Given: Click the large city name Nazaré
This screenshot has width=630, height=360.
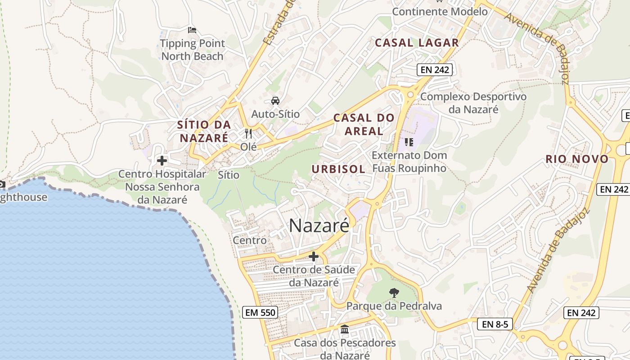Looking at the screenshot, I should (319, 225).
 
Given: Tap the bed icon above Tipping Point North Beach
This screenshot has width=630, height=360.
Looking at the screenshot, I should (192, 30).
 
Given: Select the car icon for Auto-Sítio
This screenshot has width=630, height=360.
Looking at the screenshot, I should (275, 100).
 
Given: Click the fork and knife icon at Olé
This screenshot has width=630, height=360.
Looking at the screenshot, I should (248, 133).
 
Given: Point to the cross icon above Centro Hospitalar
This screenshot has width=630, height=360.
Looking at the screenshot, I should (162, 160).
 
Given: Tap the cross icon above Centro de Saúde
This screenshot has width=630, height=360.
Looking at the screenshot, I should (314, 256).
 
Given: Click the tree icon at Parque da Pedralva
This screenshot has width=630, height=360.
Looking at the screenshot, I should (394, 293).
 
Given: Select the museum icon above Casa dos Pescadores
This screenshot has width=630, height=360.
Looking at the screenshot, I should (345, 329).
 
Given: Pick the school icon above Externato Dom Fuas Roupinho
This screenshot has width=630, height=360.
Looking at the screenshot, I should (409, 142).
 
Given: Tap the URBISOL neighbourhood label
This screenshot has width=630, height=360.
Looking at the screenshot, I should (338, 169).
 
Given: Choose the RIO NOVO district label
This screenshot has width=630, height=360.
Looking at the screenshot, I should (577, 159).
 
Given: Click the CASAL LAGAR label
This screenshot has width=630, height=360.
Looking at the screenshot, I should (417, 43).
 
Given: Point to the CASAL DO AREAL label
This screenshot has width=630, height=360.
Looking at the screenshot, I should (364, 125).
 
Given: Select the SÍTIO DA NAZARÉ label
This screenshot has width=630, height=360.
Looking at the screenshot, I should (204, 131).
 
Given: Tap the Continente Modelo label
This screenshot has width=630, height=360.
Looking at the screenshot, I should (440, 12).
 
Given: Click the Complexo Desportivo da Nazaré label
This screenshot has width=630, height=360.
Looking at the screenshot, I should (473, 103).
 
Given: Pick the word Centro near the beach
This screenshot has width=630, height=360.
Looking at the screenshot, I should (250, 240).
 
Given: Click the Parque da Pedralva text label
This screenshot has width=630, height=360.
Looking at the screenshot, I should (394, 306).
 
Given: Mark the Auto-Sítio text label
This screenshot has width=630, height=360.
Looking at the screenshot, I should (275, 114).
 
